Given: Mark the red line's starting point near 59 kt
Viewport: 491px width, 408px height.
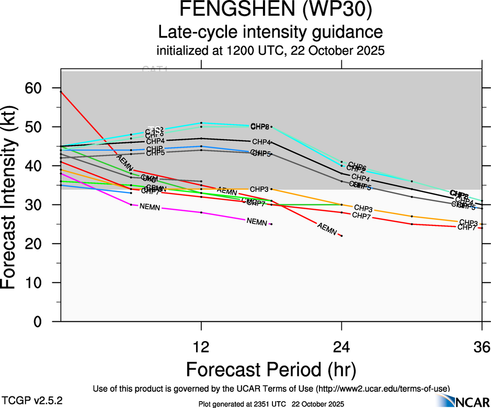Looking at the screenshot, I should click(x=61, y=92).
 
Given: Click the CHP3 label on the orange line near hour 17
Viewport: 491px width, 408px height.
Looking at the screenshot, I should click(x=259, y=189).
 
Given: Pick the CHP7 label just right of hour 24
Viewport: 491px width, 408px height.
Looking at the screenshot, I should click(x=362, y=216).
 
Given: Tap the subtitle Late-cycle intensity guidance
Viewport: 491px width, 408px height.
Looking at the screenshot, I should click(x=271, y=32).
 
